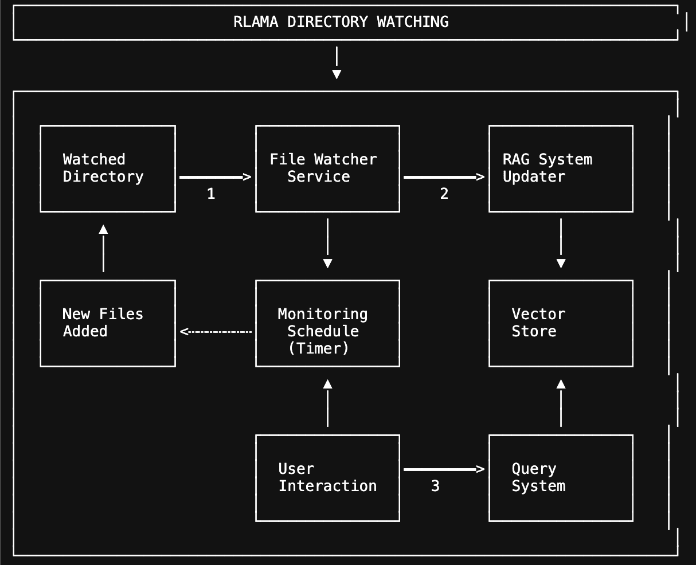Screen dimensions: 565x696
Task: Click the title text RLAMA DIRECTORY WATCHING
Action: tap(341, 22)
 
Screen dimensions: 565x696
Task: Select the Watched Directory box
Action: tap(108, 168)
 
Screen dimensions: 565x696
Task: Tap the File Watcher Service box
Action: tap(327, 168)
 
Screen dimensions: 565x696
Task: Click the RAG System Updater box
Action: tap(561, 168)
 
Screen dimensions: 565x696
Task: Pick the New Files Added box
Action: tap(108, 323)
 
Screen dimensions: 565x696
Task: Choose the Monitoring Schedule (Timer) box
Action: tap(327, 323)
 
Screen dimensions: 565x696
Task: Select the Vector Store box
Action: tap(561, 323)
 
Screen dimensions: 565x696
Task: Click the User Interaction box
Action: tap(327, 478)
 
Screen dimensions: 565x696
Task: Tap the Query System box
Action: tap(561, 478)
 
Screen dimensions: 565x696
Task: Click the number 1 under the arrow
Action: tap(211, 194)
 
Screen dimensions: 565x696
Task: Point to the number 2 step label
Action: tap(444, 194)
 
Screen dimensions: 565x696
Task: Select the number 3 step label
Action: tap(435, 486)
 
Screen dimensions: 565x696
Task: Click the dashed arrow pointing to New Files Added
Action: tap(216, 331)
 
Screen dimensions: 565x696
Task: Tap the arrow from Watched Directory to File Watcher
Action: tap(215, 177)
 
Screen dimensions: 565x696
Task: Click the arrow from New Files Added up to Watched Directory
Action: tap(103, 248)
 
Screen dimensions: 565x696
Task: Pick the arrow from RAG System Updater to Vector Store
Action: tap(561, 244)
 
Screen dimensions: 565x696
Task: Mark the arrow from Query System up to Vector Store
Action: tap(561, 403)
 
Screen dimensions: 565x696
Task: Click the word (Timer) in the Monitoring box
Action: tap(319, 348)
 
